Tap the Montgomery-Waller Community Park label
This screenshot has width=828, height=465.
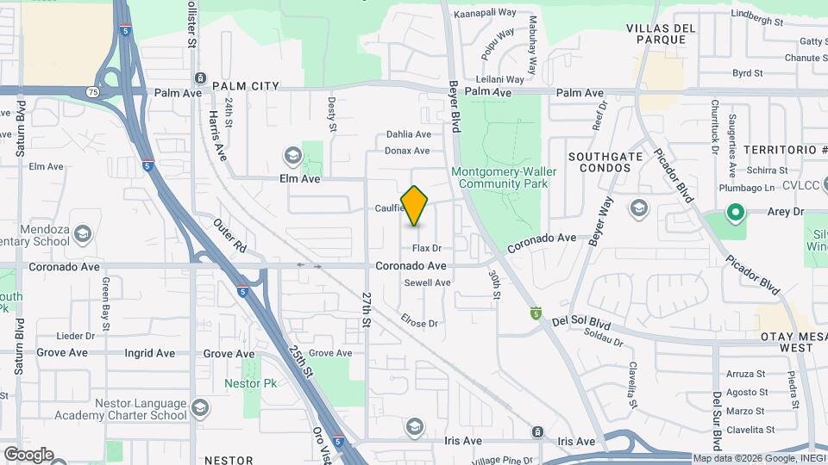tap(504, 177)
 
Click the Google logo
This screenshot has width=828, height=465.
tap(28, 454)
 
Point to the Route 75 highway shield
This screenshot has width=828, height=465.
tap(91, 91)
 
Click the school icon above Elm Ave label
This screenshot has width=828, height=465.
tap(292, 155)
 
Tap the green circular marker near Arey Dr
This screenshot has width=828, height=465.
tap(735, 210)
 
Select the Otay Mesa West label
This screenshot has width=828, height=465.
tap(785, 341)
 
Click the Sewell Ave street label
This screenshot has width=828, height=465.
tap(427, 282)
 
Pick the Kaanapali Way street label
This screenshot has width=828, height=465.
tap(484, 14)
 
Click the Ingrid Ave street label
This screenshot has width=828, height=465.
tap(150, 353)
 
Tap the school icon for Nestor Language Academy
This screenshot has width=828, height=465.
tap(200, 406)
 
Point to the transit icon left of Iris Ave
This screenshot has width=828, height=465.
tap(537, 431)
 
